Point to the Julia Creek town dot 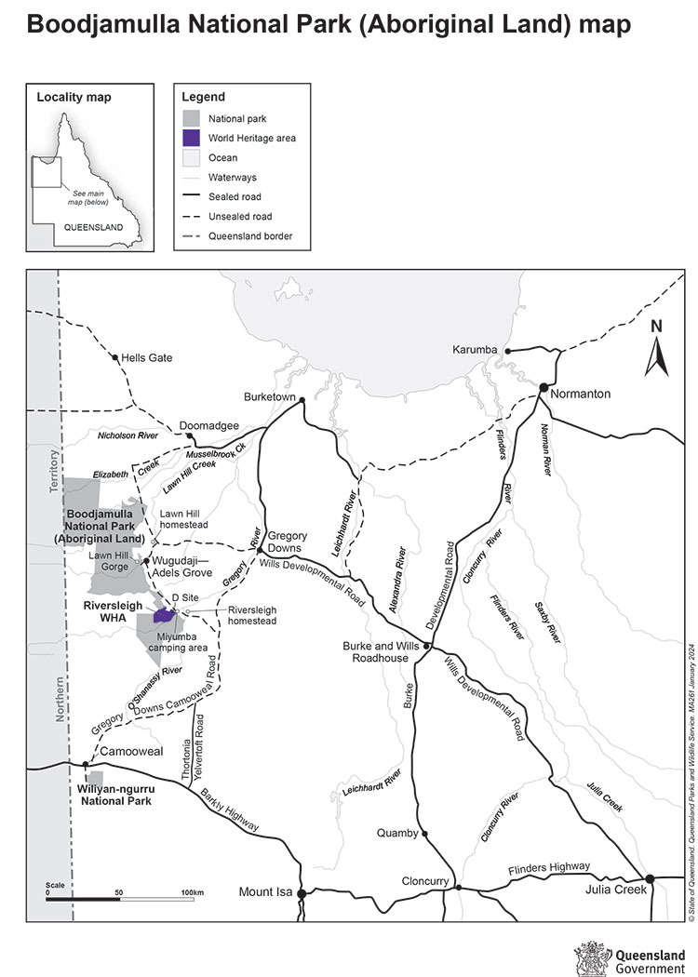pos(651,878)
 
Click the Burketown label pos(269,397)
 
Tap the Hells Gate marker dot pos(115,357)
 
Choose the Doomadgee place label pos(218,425)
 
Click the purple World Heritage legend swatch pos(192,138)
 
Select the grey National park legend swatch pos(192,118)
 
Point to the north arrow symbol pos(657,356)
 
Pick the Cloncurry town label pos(425,880)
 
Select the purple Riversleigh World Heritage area pos(165,615)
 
